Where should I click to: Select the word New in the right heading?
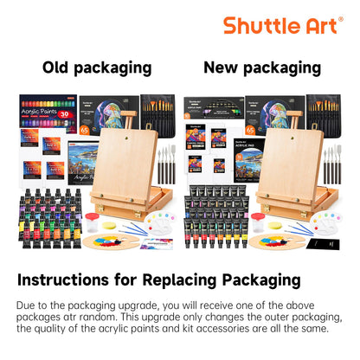221,67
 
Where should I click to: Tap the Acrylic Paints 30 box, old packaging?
47,110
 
